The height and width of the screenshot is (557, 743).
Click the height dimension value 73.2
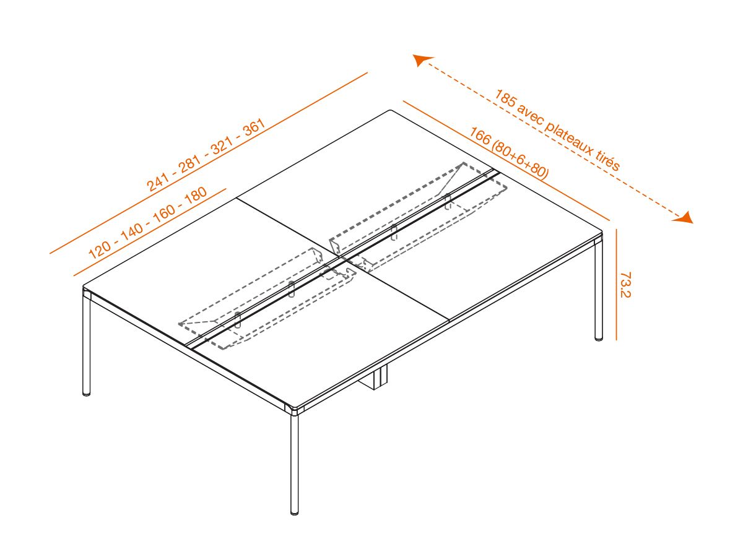[625, 285]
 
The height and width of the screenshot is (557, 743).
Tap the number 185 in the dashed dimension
[505, 100]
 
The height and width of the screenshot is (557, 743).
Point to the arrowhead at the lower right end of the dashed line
[685, 217]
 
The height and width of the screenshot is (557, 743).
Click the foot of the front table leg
[295, 511]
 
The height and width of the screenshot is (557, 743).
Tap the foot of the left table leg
[87, 392]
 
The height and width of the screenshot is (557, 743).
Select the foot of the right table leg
[599, 337]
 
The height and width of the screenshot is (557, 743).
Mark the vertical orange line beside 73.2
[617, 285]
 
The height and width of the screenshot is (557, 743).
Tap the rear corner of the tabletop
[391, 111]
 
